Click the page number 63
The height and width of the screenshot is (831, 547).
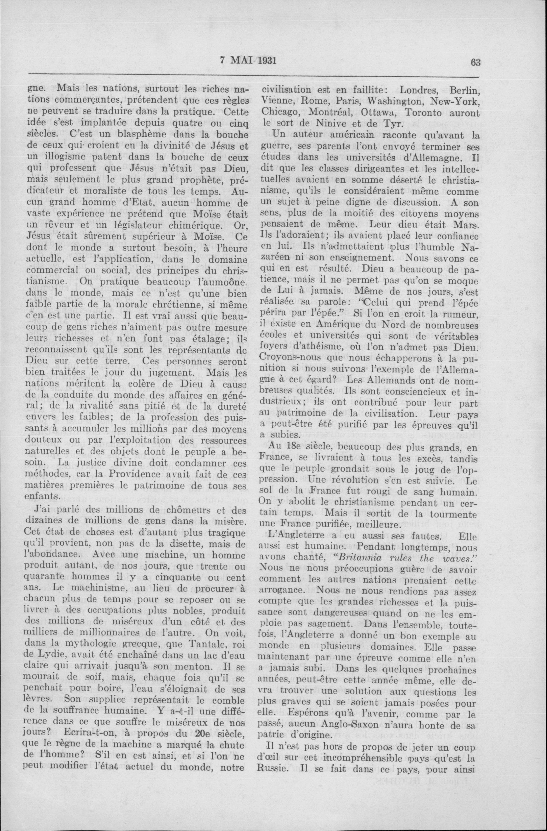pos(476,63)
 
